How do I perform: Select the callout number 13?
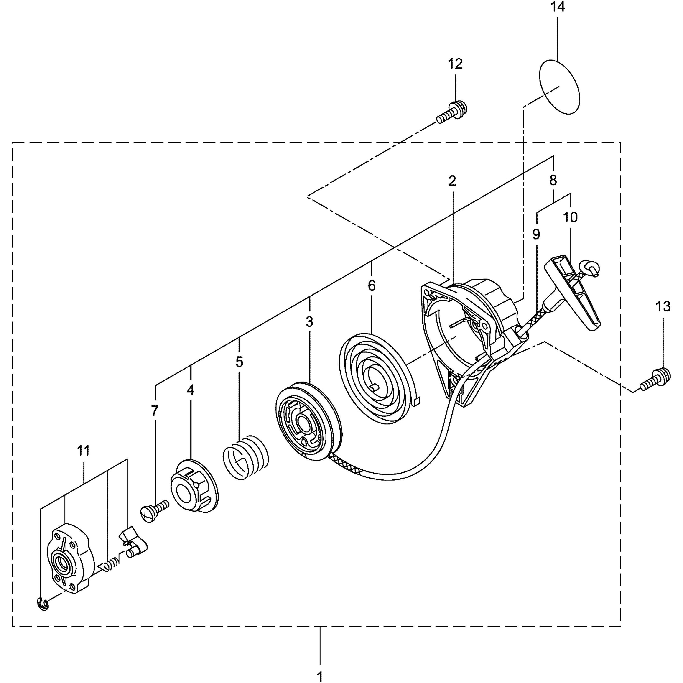pos(663,306)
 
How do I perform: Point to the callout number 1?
pos(320,676)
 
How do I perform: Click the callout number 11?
pos(83,451)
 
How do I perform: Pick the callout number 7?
pos(155,411)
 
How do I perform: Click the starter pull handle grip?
pos(573,288)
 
